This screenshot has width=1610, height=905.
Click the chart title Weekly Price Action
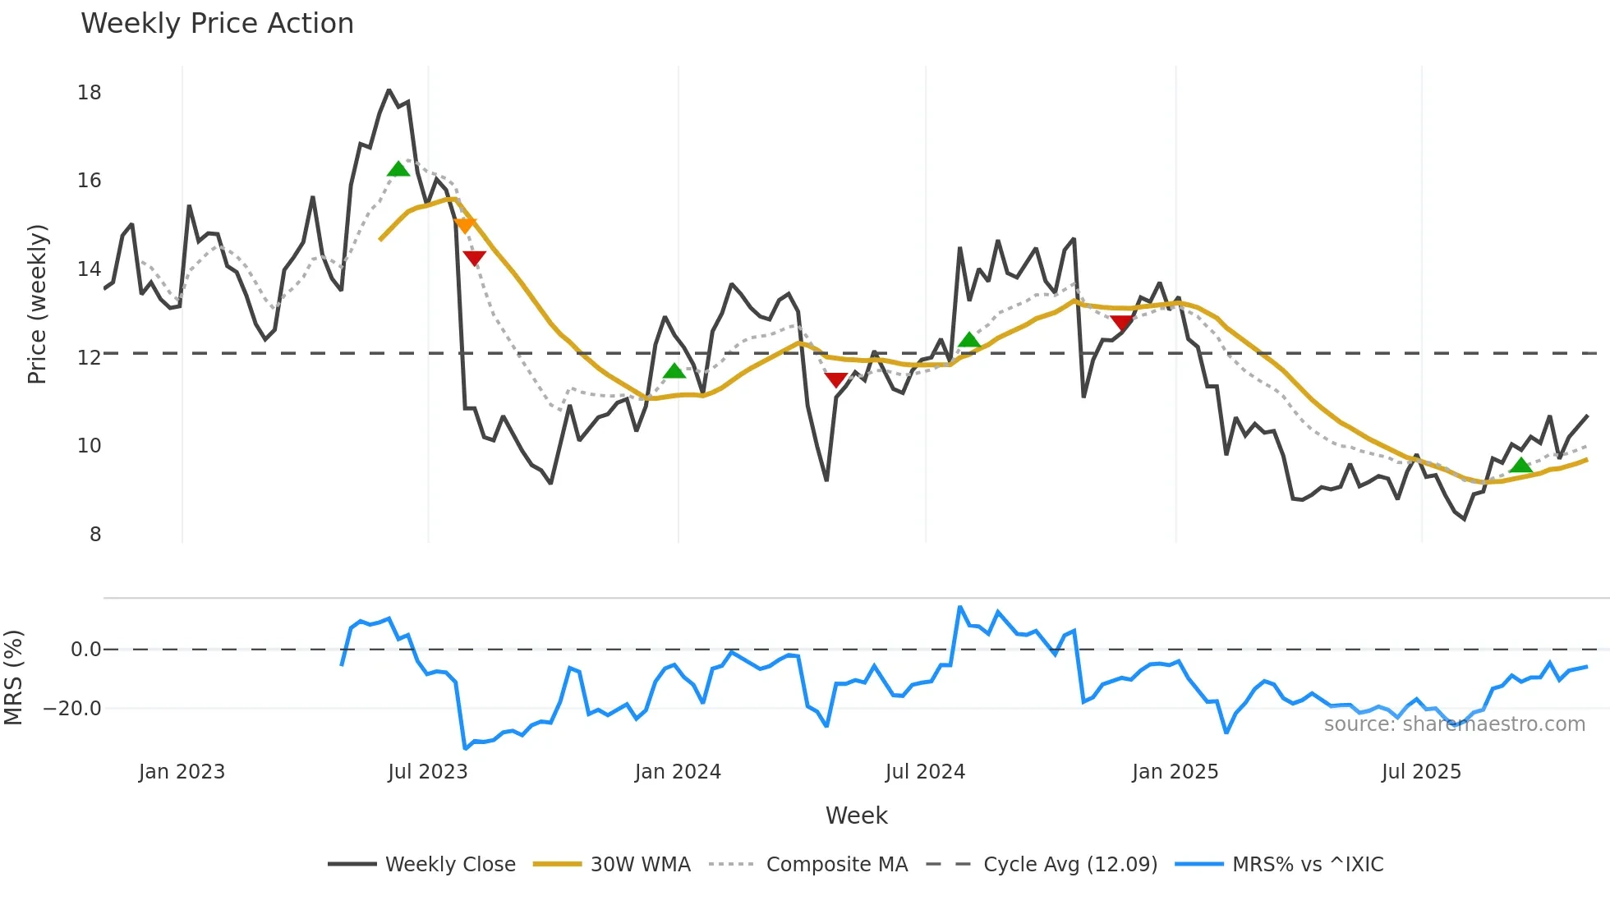tap(217, 24)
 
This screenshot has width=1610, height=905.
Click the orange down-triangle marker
tap(464, 225)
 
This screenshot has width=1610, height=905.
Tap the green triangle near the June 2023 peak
tap(398, 169)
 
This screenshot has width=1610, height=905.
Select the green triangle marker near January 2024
tap(674, 371)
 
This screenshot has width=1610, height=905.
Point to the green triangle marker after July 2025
tap(1520, 466)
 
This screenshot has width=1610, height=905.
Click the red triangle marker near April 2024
tap(836, 379)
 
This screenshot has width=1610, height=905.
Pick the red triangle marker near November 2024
tap(1122, 323)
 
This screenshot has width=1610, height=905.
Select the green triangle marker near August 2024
tap(969, 340)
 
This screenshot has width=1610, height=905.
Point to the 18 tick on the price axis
tap(90, 93)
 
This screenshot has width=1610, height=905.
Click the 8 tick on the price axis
tap(95, 535)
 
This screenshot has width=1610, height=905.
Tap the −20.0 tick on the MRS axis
tap(72, 709)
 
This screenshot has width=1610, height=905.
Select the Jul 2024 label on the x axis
tap(925, 772)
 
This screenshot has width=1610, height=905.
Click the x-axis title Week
tap(856, 815)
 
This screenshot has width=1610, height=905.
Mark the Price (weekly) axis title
tap(37, 304)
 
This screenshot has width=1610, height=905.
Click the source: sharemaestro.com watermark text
tap(1454, 724)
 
